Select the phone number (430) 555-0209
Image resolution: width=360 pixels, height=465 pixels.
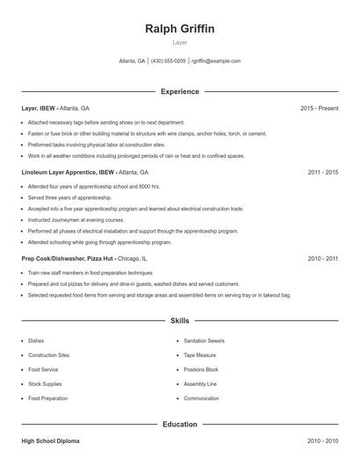(168, 61)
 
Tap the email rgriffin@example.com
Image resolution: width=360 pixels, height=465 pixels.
(216, 61)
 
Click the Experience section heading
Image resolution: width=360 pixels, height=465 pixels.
(179, 91)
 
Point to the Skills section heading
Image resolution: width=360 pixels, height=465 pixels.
(179, 322)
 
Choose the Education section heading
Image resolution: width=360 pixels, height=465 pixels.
(179, 425)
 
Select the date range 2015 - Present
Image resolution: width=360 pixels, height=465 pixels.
(319, 108)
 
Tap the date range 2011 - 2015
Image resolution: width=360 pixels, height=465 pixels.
(322, 172)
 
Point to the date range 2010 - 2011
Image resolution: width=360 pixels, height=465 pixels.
(322, 259)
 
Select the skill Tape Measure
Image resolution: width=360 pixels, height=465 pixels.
(200, 355)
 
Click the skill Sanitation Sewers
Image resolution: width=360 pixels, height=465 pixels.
(205, 340)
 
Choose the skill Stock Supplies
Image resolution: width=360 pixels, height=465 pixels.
(46, 383)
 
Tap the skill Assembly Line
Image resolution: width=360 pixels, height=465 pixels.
(200, 383)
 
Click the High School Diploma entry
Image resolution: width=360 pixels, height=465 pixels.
(53, 441)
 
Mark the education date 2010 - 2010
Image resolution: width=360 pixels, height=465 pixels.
(322, 441)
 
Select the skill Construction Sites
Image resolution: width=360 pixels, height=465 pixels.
(49, 355)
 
